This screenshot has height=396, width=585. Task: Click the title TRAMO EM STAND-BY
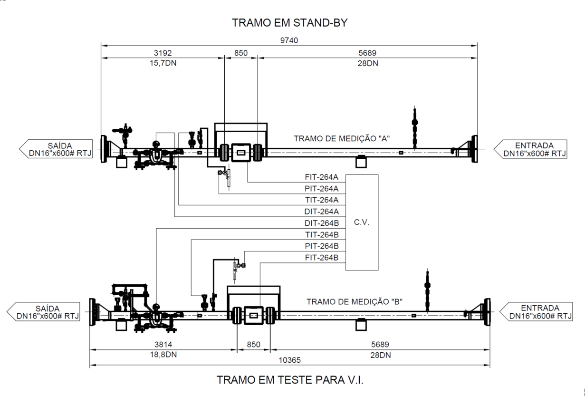pos(289,23)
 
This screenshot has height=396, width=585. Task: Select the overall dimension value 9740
pos(289,40)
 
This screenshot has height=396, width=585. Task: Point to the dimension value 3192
pos(163,53)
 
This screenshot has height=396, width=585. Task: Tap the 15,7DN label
pos(163,63)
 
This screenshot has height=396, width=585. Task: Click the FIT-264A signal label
pos(322,177)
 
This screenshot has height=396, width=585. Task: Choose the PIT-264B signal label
pos(322,246)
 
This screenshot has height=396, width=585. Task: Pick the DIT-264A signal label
pos(322,212)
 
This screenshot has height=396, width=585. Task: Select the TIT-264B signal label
pos(322,235)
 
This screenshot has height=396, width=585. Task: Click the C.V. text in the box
pos(362,222)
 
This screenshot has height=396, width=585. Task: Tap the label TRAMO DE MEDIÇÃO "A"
pos(342,138)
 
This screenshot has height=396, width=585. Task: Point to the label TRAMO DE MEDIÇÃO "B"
pos(355,302)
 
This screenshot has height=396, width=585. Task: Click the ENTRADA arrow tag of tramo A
pos(530,149)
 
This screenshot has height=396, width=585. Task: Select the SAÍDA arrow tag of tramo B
pos(43,312)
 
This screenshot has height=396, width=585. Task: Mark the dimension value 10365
pos(289,360)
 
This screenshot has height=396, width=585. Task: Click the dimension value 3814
pos(163,345)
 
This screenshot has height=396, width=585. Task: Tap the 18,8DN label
pos(163,355)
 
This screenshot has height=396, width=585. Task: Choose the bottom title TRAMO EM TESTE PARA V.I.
pos(290,380)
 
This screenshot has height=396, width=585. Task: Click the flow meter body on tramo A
pos(241,153)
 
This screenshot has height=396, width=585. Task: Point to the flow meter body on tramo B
pos(253,316)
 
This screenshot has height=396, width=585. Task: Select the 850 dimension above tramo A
pos(241,53)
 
